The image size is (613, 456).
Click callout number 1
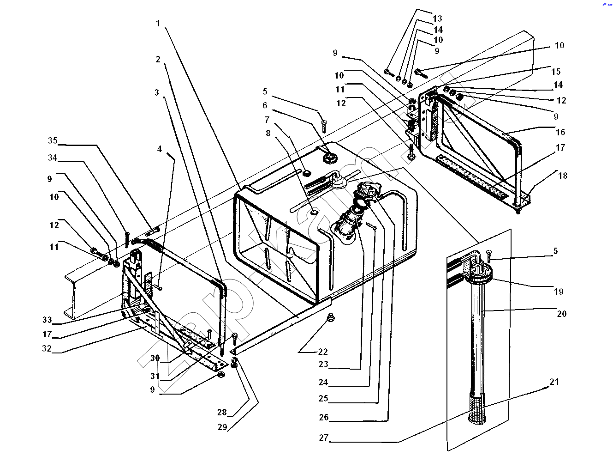click(158, 23)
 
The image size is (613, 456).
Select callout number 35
click(53, 140)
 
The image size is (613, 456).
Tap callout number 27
click(323, 438)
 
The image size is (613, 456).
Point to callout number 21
click(554, 382)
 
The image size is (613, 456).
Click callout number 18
click(562, 176)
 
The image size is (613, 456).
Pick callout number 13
click(437, 18)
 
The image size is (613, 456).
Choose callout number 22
click(322, 352)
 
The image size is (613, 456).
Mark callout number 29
click(222, 427)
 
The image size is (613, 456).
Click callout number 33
click(47, 320)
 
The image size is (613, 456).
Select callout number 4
click(160, 149)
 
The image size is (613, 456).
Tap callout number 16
click(560, 132)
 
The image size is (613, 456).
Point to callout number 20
click(561, 314)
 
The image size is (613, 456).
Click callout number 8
click(268, 133)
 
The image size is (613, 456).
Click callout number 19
click(558, 292)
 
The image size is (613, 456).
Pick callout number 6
click(265, 105)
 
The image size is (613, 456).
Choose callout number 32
click(47, 348)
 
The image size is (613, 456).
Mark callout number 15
click(556, 71)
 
